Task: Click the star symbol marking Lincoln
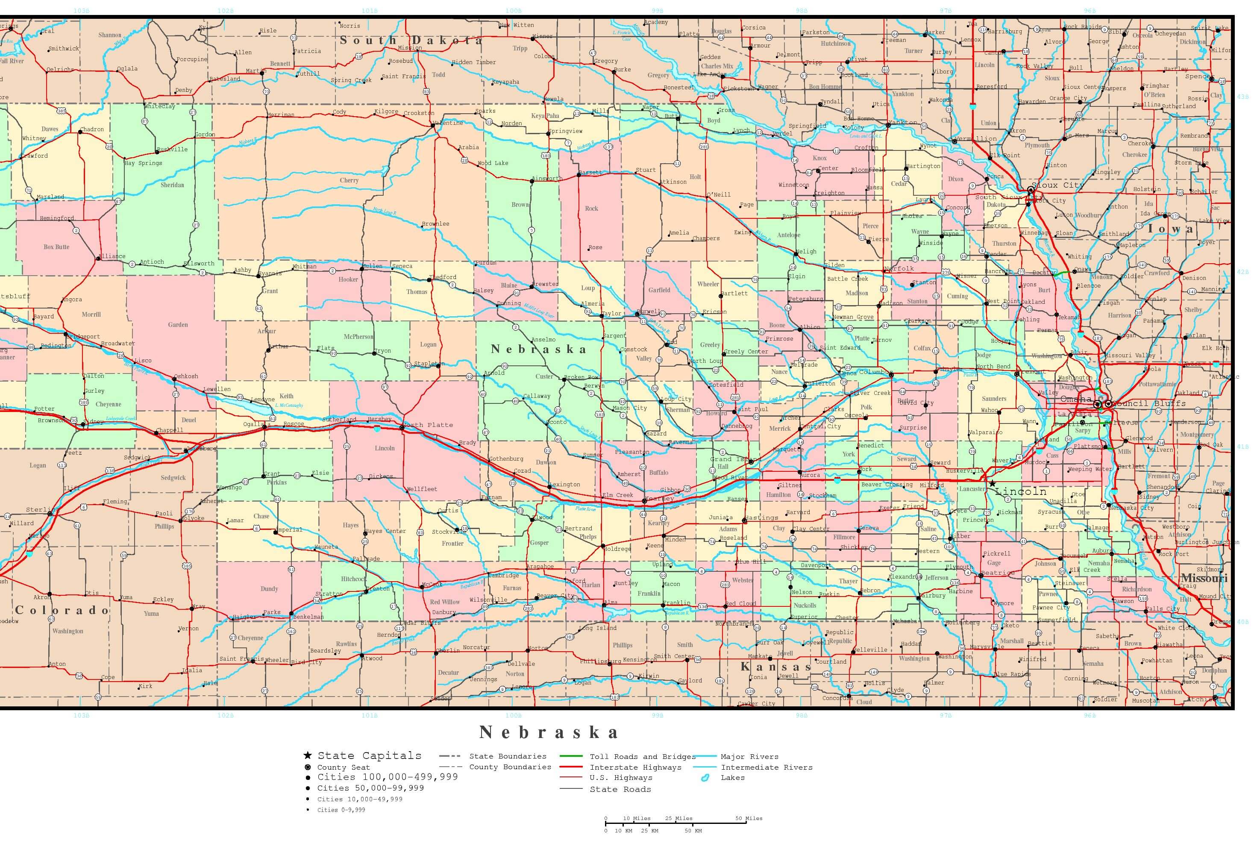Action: point(992,484)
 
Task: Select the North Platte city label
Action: point(429,425)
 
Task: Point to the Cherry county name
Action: point(349,180)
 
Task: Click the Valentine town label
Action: point(448,123)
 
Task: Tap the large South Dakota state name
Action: point(411,40)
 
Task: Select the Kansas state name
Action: point(775,667)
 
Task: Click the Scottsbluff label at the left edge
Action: point(15,296)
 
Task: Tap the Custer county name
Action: point(544,376)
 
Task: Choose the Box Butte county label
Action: point(56,247)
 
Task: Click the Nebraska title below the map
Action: point(549,732)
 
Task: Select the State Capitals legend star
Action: point(308,755)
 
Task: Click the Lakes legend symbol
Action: point(705,778)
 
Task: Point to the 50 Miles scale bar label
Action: point(749,818)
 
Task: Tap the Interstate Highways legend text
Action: point(635,767)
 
